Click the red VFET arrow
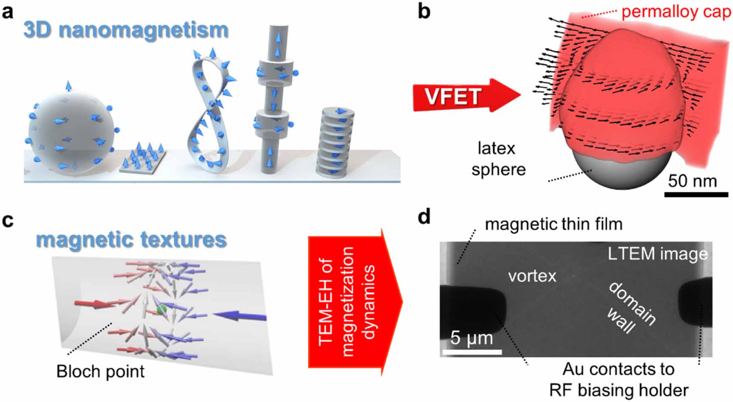coord(463,96)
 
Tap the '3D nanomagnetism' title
coord(126,30)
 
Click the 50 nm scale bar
coord(696,194)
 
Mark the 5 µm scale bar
coord(472,352)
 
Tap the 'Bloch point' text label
coord(100,371)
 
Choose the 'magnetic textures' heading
coord(131,240)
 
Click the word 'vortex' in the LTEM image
coord(532,276)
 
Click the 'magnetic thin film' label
coord(553,224)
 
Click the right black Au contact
coord(696,302)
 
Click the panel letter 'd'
coord(424,216)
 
